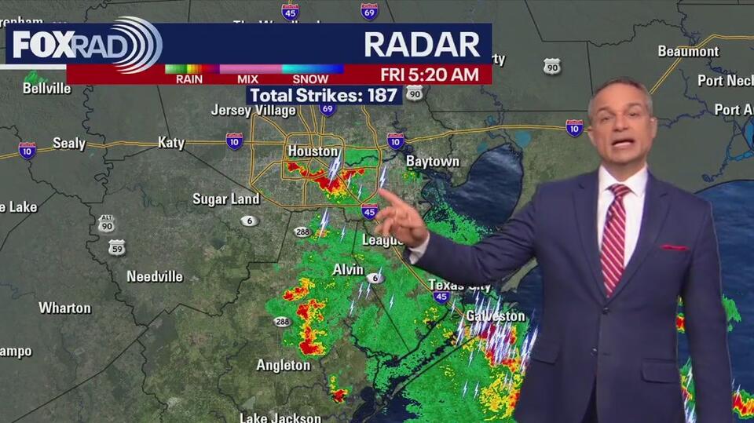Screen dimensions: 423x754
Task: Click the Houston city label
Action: point(313,151)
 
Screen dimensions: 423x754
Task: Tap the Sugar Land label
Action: point(226,199)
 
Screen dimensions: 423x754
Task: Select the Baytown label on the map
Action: point(432,162)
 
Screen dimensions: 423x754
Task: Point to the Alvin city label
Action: point(348,269)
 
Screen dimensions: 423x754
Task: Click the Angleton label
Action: point(284,365)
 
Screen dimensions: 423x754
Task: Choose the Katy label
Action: point(171,143)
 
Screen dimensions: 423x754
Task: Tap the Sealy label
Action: point(69,144)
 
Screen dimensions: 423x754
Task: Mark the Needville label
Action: point(155,276)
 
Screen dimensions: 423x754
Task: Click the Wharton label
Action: point(64,308)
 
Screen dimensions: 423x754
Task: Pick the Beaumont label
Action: point(688,52)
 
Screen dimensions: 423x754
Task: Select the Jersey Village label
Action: point(253,111)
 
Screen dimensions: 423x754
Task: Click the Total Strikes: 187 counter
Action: point(324,95)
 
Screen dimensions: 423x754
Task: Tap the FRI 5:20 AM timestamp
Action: point(429,75)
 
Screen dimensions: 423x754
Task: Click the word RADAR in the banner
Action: point(422,45)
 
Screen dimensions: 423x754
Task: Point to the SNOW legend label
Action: point(310,79)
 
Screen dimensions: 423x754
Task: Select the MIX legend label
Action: point(247,79)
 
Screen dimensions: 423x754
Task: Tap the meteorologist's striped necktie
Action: point(614,235)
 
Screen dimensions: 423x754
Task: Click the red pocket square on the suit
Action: point(674,248)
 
